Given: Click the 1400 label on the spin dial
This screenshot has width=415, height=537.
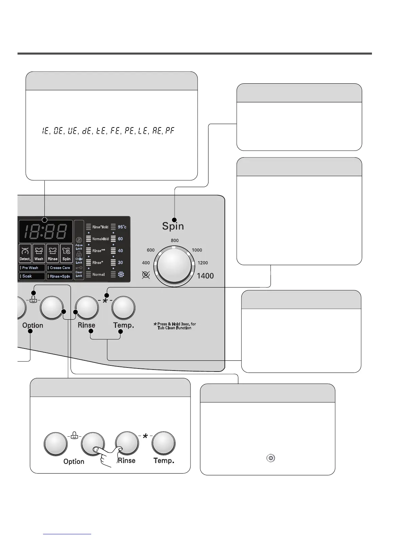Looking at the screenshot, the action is click(205, 276).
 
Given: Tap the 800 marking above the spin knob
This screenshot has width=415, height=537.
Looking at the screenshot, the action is click(175, 241).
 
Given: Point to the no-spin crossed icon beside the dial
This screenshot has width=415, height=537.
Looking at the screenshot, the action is click(146, 275).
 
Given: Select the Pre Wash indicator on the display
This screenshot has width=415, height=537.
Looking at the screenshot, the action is click(32, 268).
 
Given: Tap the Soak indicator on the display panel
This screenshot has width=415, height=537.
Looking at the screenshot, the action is click(32, 276).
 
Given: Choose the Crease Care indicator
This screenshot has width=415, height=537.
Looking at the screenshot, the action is click(60, 268).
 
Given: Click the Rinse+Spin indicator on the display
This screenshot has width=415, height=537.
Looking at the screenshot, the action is click(60, 276).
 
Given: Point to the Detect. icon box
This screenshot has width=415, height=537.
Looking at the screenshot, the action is click(25, 254).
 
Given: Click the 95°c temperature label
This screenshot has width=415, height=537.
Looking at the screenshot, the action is click(122, 227).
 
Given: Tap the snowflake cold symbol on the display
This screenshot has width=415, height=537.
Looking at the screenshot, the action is click(121, 274).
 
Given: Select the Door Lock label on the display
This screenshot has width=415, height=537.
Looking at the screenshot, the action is click(79, 274).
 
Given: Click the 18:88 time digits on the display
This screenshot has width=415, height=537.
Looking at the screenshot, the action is click(46, 232).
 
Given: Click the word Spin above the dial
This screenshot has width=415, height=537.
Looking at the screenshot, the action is click(173, 226).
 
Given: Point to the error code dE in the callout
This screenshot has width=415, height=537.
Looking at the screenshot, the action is click(87, 131).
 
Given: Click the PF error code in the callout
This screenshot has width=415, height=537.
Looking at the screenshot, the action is click(170, 131).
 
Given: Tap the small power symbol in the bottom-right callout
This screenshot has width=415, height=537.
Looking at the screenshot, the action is click(270, 458).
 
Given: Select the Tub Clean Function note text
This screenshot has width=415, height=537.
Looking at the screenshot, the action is click(175, 326).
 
